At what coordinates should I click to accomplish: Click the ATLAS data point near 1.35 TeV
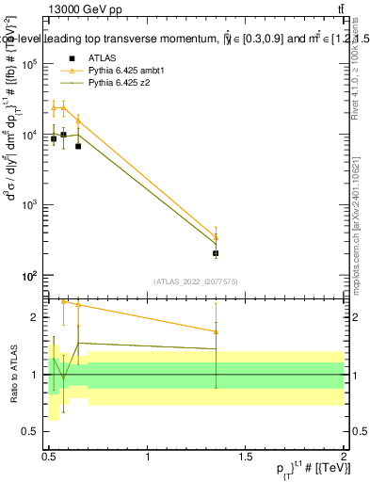click(x=217, y=253)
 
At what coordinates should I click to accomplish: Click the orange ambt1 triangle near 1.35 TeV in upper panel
click(x=217, y=237)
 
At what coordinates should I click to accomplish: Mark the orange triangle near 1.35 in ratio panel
click(x=217, y=331)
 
